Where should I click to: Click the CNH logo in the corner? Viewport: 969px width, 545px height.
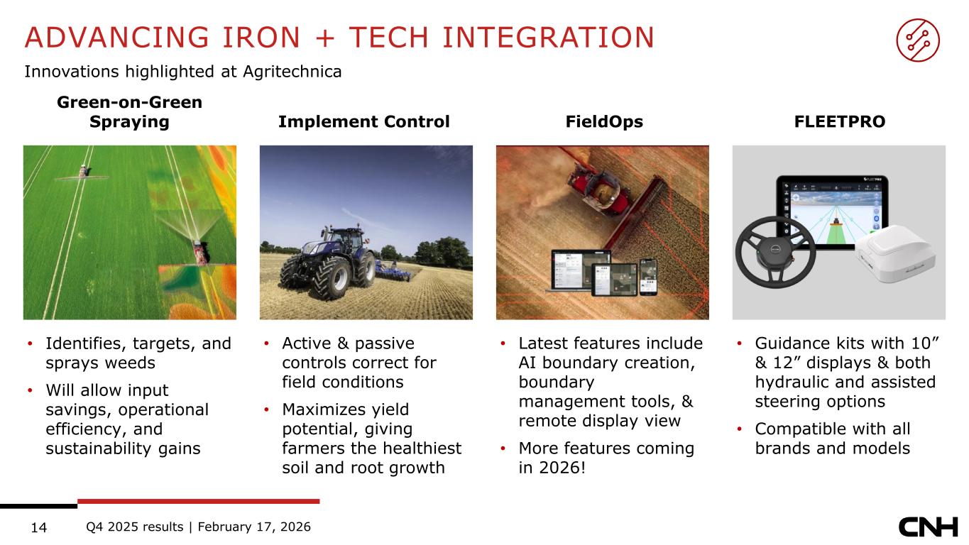[928, 527]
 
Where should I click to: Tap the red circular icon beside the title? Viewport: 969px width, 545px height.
[917, 40]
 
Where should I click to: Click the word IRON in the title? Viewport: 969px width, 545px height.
[261, 37]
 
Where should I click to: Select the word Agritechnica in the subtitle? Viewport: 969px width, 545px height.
[292, 72]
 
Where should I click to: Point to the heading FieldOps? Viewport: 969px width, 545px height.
[604, 121]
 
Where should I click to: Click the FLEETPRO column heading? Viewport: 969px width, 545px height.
[840, 121]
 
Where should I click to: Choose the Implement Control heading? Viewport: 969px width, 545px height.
[363, 121]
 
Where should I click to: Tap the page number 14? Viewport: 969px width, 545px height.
[39, 527]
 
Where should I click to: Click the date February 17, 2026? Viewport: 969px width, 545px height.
[254, 527]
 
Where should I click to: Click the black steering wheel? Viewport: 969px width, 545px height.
[776, 252]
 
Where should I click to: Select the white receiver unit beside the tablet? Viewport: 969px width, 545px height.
[894, 254]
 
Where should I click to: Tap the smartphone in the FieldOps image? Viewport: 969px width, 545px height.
[648, 277]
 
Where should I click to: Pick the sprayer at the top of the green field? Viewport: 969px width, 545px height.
[83, 173]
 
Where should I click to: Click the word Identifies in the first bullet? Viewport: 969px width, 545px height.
[86, 344]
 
